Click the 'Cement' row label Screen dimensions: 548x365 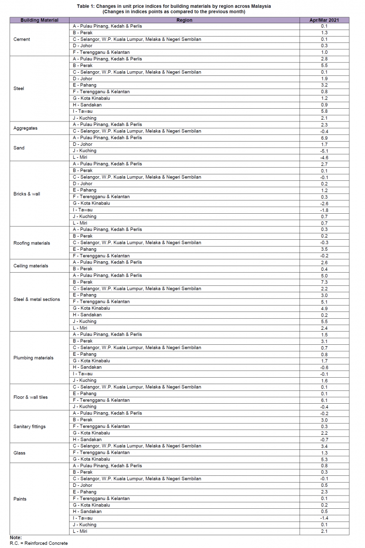tap(22, 39)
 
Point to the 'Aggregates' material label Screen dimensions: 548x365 tap(26, 128)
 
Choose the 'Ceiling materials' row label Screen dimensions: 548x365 tap(31, 266)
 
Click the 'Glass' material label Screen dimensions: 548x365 tap(20, 453)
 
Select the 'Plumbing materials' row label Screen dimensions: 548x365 tap(33, 358)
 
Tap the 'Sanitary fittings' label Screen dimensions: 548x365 tap(30, 427)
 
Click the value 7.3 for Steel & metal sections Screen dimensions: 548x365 tap(324, 282)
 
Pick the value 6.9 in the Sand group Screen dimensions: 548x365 tap(324, 137)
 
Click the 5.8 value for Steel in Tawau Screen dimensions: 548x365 tap(324, 111)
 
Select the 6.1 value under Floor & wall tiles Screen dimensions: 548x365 tap(324, 400)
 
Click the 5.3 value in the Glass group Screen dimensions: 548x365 tap(324, 459)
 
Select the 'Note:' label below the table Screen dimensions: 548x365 tap(16, 538)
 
